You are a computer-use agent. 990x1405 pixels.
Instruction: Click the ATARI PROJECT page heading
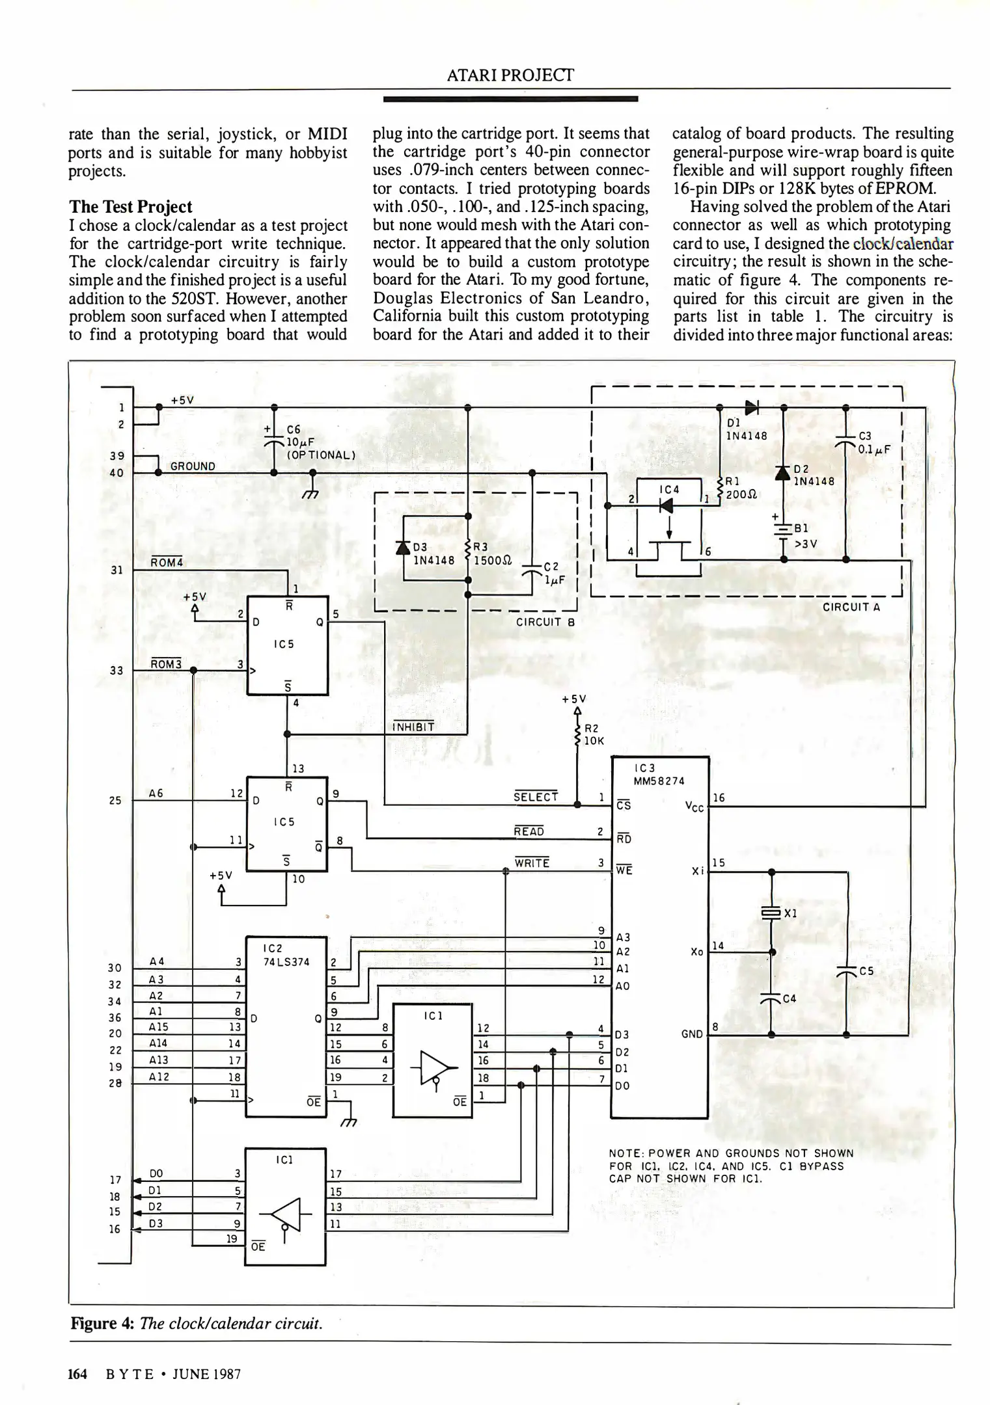coord(510,75)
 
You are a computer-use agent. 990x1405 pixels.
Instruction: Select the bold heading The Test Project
coord(130,207)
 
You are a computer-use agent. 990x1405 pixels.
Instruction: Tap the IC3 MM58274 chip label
coord(659,775)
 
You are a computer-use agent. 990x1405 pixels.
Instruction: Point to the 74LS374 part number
coord(286,962)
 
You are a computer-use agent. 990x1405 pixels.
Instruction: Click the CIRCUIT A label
coord(851,607)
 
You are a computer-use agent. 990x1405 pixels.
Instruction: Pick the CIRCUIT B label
coord(545,622)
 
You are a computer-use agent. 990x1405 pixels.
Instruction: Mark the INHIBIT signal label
coord(413,727)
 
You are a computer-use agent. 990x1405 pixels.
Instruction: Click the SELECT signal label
coord(536,797)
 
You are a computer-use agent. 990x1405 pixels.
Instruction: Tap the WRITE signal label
coord(532,863)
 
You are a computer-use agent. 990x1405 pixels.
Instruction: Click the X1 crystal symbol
coord(771,913)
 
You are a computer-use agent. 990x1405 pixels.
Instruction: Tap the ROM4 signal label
coord(167,562)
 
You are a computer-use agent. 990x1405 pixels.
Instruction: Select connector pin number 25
coord(115,800)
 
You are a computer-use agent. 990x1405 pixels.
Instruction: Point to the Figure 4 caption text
coord(197,1324)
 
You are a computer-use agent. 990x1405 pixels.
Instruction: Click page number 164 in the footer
coord(77,1374)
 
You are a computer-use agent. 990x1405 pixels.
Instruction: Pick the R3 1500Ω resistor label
coord(491,553)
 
